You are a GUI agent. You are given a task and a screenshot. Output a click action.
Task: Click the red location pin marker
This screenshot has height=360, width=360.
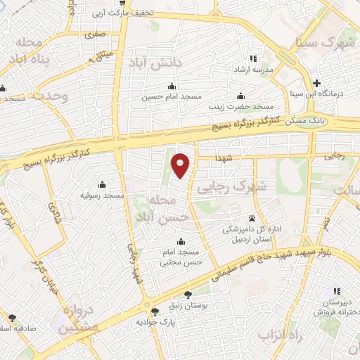click(181, 165)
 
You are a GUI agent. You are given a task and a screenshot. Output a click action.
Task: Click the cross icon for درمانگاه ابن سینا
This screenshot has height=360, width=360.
click(317, 82)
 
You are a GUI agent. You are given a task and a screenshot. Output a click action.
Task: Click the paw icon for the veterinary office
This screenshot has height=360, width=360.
click(252, 217)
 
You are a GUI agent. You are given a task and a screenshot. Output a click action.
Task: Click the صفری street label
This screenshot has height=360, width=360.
click(94, 33)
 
